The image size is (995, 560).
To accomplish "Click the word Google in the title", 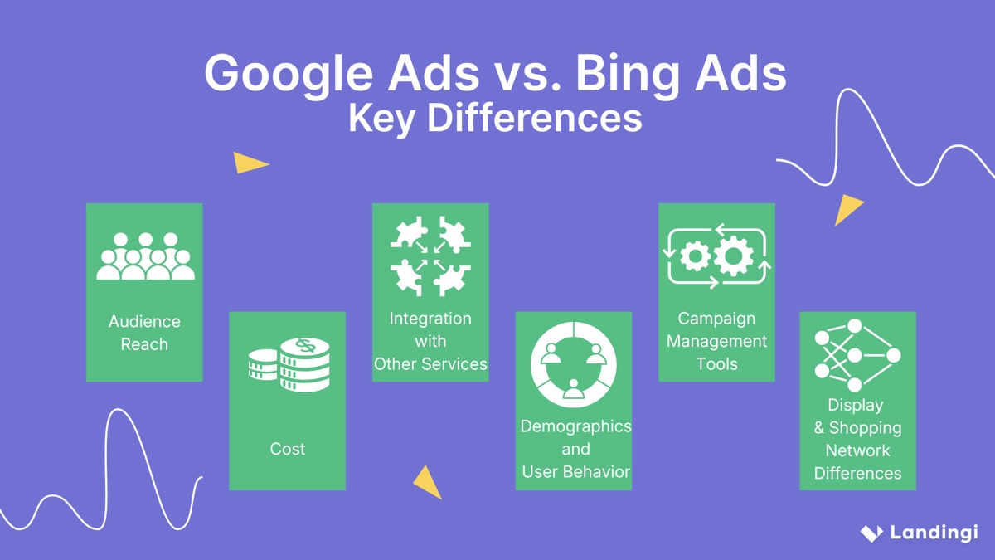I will click(x=288, y=75).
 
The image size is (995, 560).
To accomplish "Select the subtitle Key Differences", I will click(x=495, y=119).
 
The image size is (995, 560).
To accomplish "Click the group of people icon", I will click(x=145, y=256).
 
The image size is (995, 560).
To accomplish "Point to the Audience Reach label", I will click(x=144, y=333).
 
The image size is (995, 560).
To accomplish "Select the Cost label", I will click(x=288, y=449).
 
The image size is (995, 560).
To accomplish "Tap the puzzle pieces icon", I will click(x=430, y=256).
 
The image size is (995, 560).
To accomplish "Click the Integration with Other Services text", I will click(x=430, y=341).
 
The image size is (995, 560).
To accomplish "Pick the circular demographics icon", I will click(x=574, y=365).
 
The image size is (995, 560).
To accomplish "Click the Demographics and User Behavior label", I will click(x=575, y=449).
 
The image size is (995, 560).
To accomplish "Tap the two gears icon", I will click(x=717, y=256).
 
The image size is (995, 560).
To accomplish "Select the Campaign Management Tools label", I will click(x=716, y=341).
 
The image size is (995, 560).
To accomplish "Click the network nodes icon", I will click(x=857, y=355).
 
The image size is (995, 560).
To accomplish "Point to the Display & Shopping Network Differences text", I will click(x=857, y=439).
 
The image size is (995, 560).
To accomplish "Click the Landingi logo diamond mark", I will click(x=871, y=533).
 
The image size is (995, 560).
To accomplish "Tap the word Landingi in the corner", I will click(x=934, y=533).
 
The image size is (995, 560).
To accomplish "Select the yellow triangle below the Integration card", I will click(x=429, y=481).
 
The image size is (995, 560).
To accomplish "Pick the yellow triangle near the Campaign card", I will click(x=847, y=209).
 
